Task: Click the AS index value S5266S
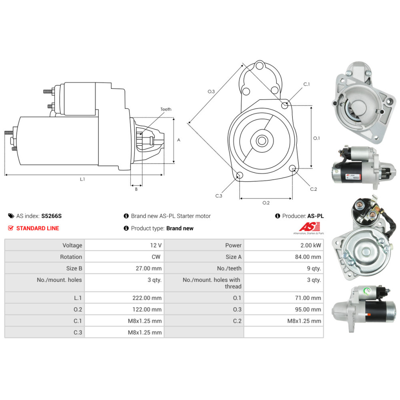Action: (x=52, y=216)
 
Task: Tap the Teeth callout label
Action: (x=166, y=109)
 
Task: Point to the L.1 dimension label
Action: (x=82, y=180)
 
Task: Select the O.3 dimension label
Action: (x=211, y=92)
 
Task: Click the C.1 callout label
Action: (x=306, y=84)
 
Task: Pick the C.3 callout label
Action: (x=218, y=196)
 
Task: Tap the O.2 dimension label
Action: (x=266, y=203)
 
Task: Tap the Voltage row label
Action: (x=72, y=245)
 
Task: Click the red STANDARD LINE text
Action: (x=37, y=228)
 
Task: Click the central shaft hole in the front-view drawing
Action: (x=262, y=140)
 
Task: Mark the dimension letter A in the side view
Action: (x=179, y=140)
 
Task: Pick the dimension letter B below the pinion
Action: (x=136, y=189)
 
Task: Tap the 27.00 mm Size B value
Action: (x=148, y=268)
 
